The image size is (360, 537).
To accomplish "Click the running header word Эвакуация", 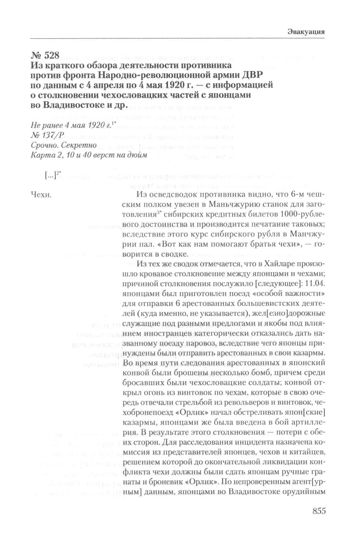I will tap(306, 32).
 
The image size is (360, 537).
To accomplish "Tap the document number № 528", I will tap(45, 55).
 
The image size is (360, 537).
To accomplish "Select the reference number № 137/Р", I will tap(46, 135).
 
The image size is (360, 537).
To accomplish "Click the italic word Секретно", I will tap(79, 145).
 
